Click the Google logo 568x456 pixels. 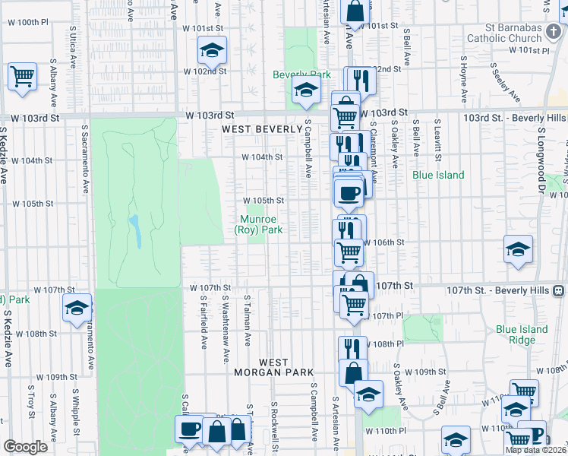[x=25, y=447]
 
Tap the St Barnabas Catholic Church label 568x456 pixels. [x=504, y=33]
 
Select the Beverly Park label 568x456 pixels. [x=301, y=75]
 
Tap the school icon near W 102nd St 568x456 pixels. [x=213, y=52]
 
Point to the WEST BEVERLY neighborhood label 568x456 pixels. [x=262, y=129]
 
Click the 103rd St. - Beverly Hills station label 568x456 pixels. [x=514, y=119]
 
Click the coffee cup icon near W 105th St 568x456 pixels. [x=349, y=195]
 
